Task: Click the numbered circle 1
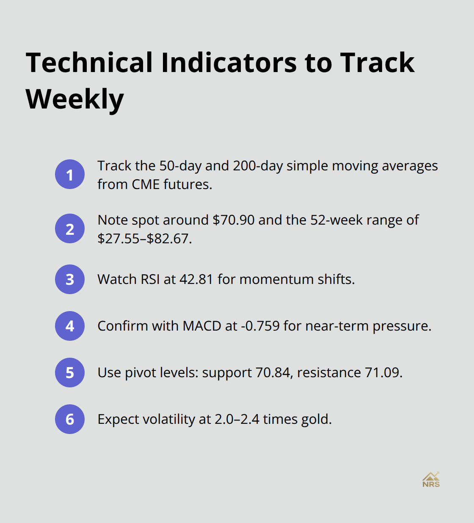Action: click(70, 174)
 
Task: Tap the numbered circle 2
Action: click(70, 228)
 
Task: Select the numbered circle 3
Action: click(70, 279)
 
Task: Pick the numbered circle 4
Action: click(70, 326)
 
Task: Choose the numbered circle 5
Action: click(70, 373)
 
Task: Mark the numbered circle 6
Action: click(70, 419)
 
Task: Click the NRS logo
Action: click(431, 480)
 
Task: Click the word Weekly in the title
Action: click(75, 99)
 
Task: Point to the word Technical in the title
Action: click(89, 63)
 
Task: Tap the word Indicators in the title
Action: click(229, 63)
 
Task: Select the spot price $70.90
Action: click(234, 220)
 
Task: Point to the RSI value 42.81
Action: click(196, 279)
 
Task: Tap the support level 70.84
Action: click(273, 373)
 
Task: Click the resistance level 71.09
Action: click(382, 373)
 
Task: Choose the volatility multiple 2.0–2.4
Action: click(237, 419)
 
